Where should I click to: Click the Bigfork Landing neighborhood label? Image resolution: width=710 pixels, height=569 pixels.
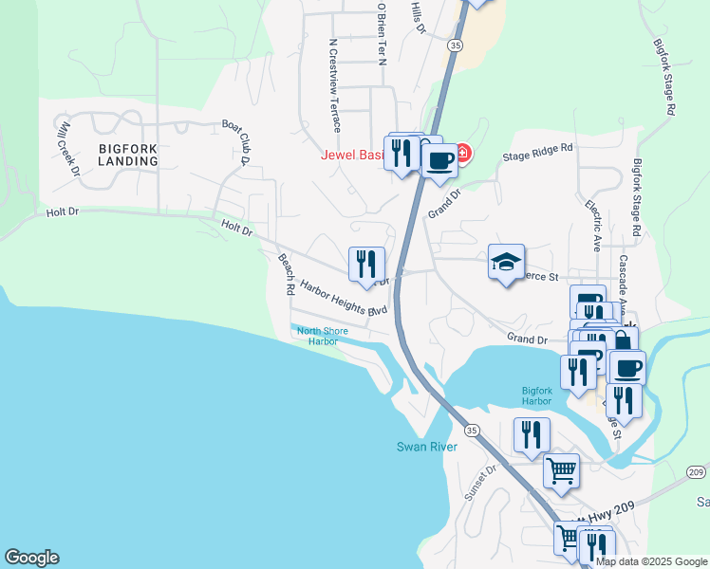pos(127,155)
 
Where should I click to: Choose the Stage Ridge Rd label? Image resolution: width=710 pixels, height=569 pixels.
pos(539,151)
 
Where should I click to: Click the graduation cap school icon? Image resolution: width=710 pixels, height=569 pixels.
pos(507,260)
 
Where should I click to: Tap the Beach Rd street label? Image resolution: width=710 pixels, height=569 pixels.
pos(285,273)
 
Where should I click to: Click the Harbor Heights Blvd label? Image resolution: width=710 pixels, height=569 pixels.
pos(345,298)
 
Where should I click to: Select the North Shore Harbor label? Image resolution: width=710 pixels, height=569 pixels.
pos(322,336)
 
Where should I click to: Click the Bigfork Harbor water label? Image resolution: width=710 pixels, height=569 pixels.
pos(536,395)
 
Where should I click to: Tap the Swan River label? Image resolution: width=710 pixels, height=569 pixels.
pos(427,447)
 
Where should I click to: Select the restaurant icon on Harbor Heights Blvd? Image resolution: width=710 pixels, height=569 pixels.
pos(366,265)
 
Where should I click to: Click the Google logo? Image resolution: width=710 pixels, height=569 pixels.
pos(31,558)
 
